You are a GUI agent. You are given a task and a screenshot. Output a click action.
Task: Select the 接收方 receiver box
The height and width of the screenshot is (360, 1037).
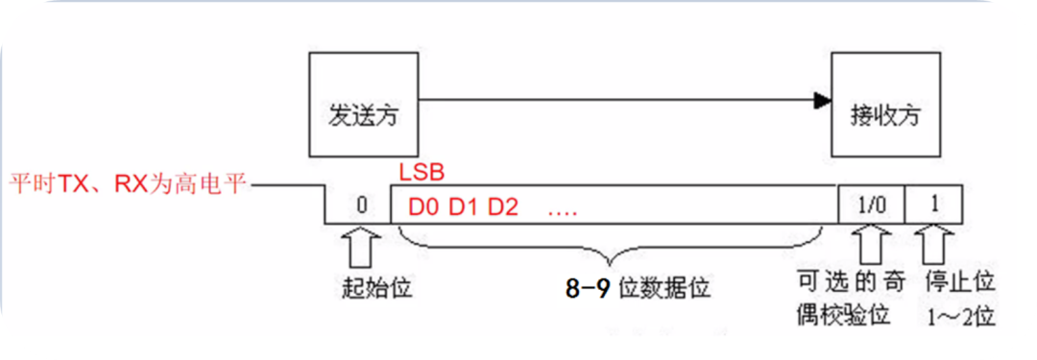click(x=885, y=108)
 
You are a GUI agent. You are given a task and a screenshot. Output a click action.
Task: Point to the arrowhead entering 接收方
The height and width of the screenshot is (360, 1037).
click(x=821, y=98)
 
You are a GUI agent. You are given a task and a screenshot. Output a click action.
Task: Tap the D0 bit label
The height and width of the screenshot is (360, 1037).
click(x=423, y=206)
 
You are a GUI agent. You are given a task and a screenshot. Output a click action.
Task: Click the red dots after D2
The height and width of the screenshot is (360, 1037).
click(x=562, y=208)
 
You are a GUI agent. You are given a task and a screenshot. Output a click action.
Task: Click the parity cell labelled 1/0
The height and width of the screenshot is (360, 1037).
click(x=869, y=204)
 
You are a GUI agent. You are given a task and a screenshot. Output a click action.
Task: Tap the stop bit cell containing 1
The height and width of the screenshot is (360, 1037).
click(x=935, y=204)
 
